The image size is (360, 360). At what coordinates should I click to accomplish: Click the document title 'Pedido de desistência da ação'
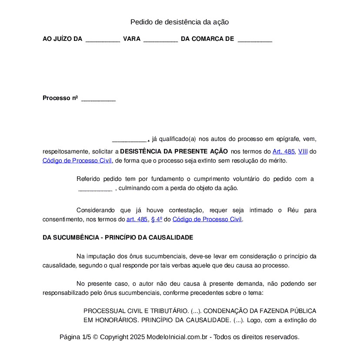pos(180,22)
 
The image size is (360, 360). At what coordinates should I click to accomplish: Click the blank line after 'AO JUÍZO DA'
pos(103,39)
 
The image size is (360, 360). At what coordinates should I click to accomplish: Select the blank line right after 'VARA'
pos(160,39)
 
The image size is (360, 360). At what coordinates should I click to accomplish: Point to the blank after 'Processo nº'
pos(98,98)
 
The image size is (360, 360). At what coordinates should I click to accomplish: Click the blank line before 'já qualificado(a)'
pos(130,140)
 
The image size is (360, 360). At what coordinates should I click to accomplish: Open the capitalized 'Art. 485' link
pos(283,152)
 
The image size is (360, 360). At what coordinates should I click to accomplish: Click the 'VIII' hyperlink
pos(303,152)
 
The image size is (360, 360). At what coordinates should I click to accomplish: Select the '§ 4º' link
pos(157,220)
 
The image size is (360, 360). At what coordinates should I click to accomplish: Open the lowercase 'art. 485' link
pos(137,220)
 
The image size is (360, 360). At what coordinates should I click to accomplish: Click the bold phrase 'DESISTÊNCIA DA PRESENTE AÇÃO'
pos(174,152)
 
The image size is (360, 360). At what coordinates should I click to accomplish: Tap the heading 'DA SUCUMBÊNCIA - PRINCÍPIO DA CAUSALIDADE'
pos(118,238)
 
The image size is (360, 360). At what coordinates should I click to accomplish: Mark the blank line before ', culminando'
pos(95,188)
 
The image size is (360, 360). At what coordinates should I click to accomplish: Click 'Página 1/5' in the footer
pos(75,337)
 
